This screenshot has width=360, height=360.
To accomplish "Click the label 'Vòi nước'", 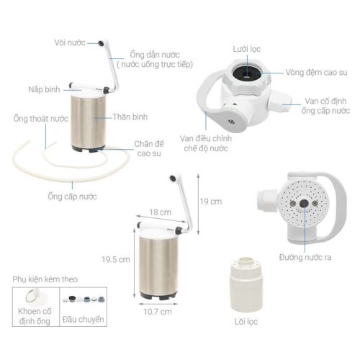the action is [x=70, y=42].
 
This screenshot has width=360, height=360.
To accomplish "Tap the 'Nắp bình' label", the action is [x=44, y=89].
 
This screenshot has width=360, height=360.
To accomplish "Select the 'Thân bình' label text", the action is [x=130, y=117].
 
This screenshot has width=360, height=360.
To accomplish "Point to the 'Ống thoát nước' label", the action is [x=40, y=119].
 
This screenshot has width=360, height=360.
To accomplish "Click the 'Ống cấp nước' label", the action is [x=72, y=197].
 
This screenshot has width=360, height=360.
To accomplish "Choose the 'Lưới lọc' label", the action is [x=247, y=49].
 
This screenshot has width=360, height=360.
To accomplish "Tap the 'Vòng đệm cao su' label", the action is [x=316, y=72].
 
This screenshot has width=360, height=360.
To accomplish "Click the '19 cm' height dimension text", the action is [x=211, y=202].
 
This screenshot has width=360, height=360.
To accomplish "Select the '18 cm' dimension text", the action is [x=161, y=212].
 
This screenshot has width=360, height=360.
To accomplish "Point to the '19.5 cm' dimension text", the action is [x=116, y=259].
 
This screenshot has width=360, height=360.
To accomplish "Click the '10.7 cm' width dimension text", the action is [x=158, y=312].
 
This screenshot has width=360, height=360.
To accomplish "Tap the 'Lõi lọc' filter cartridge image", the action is [x=246, y=284].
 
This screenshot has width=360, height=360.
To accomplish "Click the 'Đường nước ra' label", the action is [x=305, y=258].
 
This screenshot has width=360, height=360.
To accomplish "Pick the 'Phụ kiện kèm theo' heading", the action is [x=45, y=279].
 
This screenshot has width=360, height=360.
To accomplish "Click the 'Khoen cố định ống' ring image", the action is [x=33, y=297].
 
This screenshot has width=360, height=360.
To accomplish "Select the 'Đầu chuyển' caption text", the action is [x=83, y=320].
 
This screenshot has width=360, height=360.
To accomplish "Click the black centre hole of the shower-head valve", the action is [x=304, y=203].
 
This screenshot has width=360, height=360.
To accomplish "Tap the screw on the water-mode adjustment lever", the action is [x=230, y=122].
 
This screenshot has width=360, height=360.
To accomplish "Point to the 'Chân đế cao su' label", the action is [x=149, y=148].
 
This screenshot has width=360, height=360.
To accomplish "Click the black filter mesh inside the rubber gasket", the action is [x=246, y=73].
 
